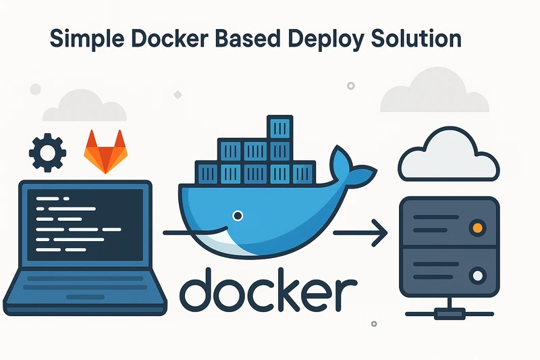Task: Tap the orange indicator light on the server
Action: tap(477, 227)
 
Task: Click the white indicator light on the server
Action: tap(477, 274)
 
